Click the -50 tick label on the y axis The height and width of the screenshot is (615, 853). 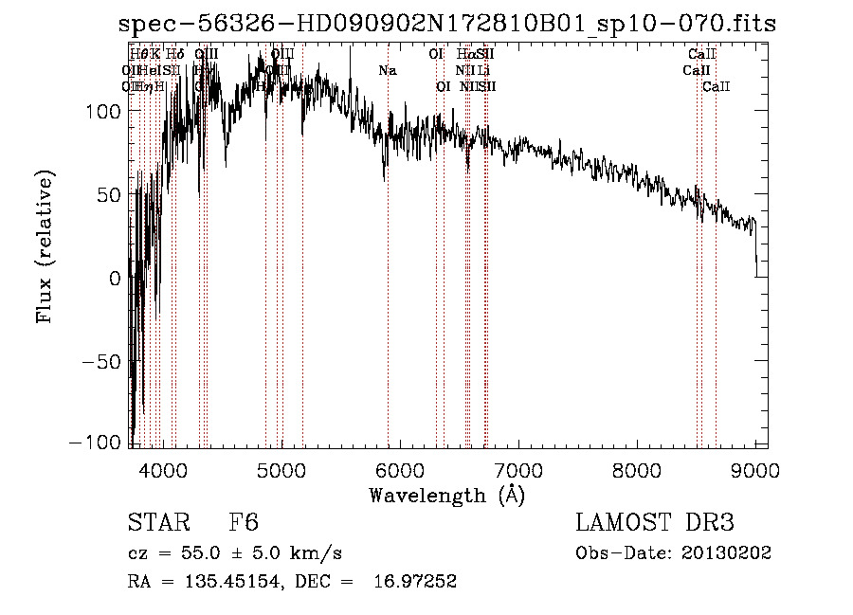100,361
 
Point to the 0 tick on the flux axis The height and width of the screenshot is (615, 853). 115,278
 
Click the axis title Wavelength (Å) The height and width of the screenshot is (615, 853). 446,495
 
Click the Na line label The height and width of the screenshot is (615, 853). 387,71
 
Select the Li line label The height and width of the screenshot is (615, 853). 483,71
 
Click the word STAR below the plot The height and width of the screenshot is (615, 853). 157,523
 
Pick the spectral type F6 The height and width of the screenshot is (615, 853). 244,523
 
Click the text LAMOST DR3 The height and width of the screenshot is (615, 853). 655,523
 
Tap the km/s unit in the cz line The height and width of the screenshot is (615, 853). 318,553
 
